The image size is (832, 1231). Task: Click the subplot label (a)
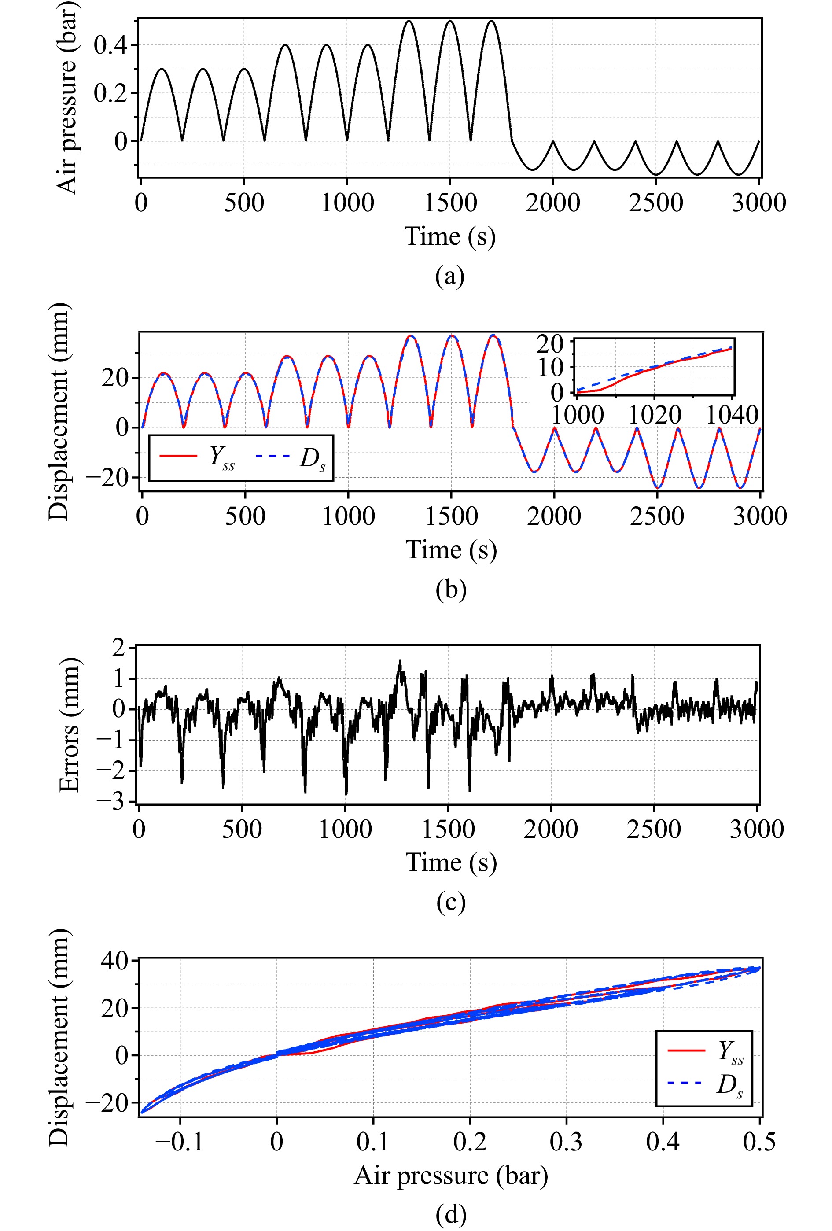pos(449,276)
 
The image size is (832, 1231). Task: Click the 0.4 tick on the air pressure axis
pos(110,45)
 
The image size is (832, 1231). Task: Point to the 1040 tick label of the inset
pos(732,415)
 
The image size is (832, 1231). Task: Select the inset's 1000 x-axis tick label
pos(578,415)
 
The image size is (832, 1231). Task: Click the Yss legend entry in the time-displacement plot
pos(197,457)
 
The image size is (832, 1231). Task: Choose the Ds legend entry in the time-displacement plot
pos(291,457)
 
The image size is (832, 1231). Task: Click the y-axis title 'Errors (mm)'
pos(70,725)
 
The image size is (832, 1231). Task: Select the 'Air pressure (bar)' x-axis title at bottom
pos(451,1176)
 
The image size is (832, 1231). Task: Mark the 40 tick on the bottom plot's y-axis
pos(114,960)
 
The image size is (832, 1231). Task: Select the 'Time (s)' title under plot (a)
pos(449,236)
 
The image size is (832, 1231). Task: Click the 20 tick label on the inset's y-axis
pos(550,344)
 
